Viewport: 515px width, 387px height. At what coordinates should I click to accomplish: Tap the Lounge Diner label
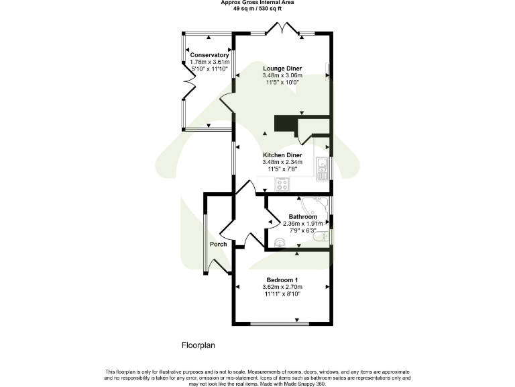[282, 69]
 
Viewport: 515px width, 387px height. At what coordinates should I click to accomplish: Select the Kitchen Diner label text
[282, 155]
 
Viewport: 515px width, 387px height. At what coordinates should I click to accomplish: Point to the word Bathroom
[302, 217]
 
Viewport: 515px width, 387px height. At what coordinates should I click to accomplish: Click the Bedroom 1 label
[282, 279]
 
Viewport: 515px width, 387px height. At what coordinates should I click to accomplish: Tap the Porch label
[218, 244]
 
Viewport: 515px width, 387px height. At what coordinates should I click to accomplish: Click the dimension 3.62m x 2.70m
[282, 287]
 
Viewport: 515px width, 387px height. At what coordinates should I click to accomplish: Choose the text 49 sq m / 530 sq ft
[257, 9]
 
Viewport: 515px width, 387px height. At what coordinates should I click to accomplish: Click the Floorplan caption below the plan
[198, 346]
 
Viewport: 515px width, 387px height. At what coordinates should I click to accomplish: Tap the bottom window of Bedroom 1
[282, 325]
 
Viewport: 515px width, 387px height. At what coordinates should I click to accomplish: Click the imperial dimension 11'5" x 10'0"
[282, 83]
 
